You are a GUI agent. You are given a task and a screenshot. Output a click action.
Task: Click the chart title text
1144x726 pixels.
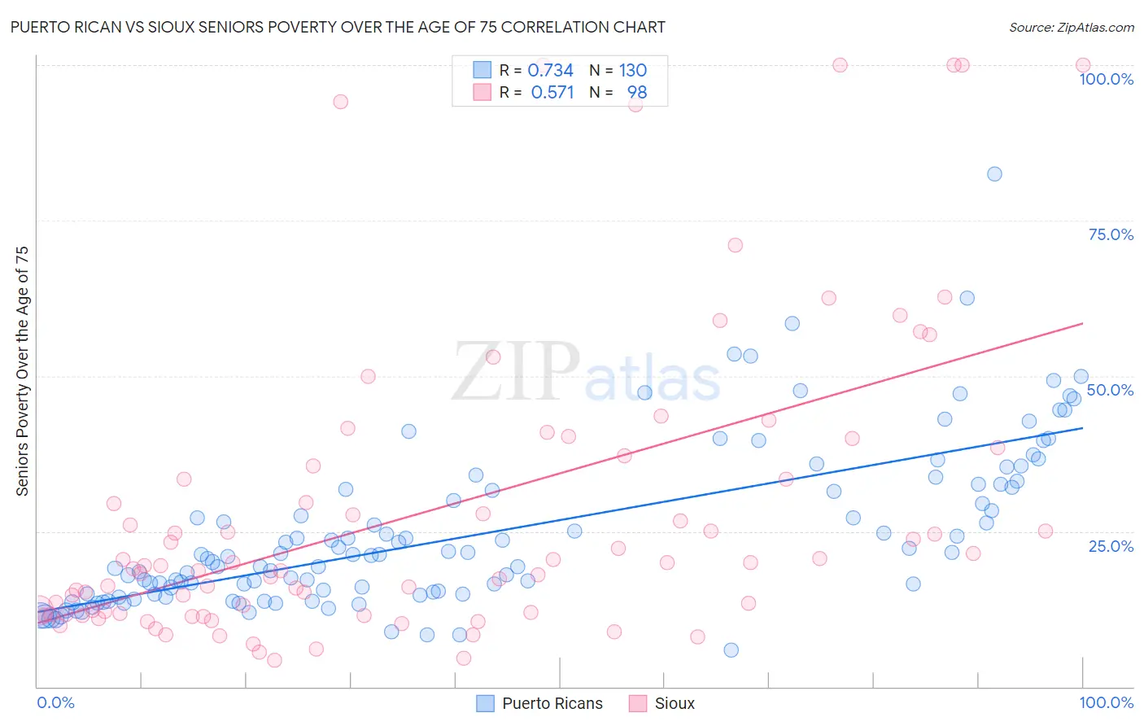coord(338,27)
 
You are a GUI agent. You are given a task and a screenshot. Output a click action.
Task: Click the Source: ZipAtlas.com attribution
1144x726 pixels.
coord(1071,27)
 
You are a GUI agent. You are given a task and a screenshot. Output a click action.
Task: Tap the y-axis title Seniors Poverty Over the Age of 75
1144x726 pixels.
coord(22,370)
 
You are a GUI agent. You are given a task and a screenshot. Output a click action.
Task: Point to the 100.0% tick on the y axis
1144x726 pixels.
coord(1106,79)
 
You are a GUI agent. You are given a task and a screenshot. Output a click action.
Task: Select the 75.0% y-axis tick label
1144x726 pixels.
coord(1111,234)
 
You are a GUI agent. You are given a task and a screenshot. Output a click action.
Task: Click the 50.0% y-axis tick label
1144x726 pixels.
coord(1110,390)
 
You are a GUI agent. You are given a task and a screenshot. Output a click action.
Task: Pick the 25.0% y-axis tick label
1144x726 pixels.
coord(1111,545)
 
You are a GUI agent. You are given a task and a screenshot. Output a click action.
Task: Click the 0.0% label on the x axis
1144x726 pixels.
coord(55,702)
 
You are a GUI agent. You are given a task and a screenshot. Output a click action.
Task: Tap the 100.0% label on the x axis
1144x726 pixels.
coord(1106,702)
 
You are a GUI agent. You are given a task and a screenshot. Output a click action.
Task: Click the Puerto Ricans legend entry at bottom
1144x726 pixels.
coord(539,703)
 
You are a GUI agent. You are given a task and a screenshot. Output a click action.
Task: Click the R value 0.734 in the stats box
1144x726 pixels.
coord(550,71)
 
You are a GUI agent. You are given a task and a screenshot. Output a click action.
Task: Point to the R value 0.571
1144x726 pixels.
coord(552,93)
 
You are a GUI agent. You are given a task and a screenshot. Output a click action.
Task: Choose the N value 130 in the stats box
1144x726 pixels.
coord(632,71)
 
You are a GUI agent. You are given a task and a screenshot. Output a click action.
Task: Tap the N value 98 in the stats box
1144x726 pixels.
coord(636,93)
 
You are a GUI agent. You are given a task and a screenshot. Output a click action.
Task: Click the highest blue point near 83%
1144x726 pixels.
coord(994,173)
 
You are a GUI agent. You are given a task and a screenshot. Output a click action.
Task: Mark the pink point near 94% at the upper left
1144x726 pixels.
coord(340,102)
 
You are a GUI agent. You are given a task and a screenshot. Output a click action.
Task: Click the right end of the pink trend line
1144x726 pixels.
coord(1082,323)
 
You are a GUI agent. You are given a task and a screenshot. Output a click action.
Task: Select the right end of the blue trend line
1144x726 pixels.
coord(1082,428)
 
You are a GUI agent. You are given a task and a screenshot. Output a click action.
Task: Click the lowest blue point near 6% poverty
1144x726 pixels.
coord(731,649)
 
